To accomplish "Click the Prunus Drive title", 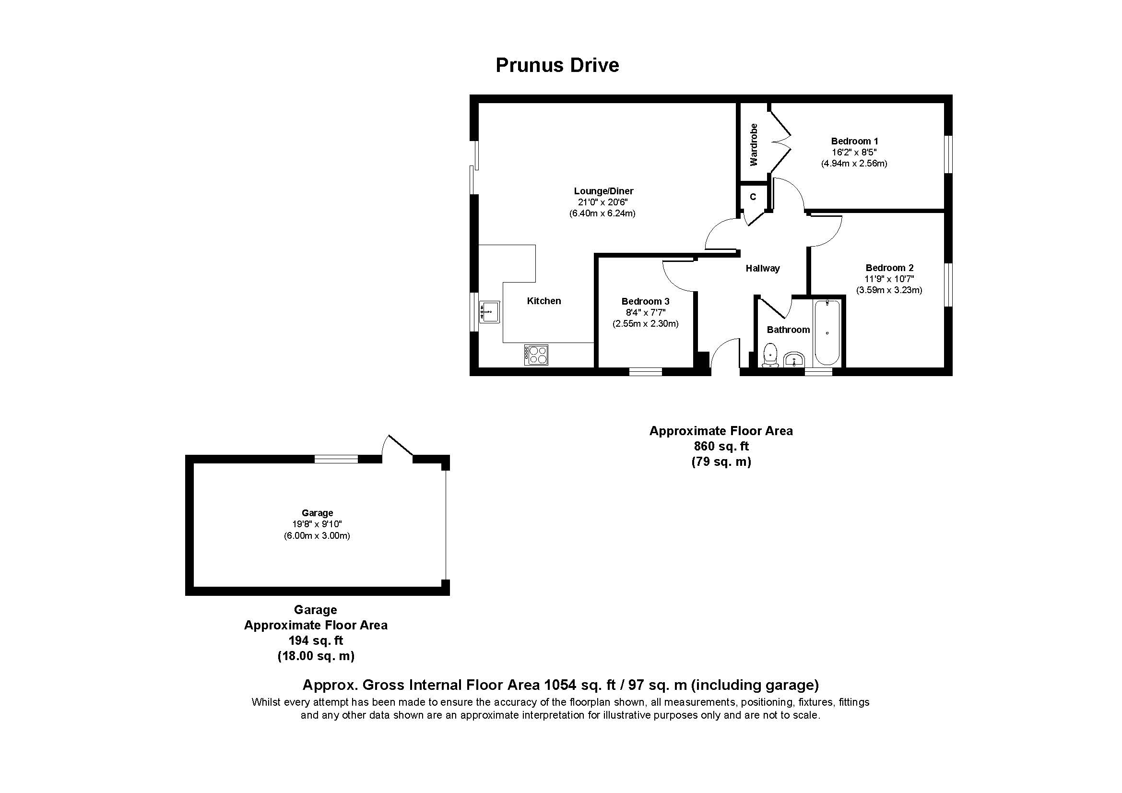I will tap(557, 65).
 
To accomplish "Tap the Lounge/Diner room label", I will tap(603, 191).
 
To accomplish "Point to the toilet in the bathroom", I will tap(771, 354).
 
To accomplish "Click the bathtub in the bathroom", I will tap(827, 332).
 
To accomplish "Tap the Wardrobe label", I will tap(754, 144).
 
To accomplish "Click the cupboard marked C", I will tap(753, 196).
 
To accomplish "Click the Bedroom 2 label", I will tap(889, 268).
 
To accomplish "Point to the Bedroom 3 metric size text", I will tap(645, 323).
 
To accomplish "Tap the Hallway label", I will tap(762, 268).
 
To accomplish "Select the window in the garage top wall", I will tap(336, 459).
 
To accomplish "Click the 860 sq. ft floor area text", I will tap(721, 446).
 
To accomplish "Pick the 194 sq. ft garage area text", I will tap(316, 640).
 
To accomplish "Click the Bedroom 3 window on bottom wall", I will tap(645, 372).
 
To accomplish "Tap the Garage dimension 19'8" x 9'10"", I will tap(317, 524).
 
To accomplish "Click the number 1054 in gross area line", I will tap(556, 685).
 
